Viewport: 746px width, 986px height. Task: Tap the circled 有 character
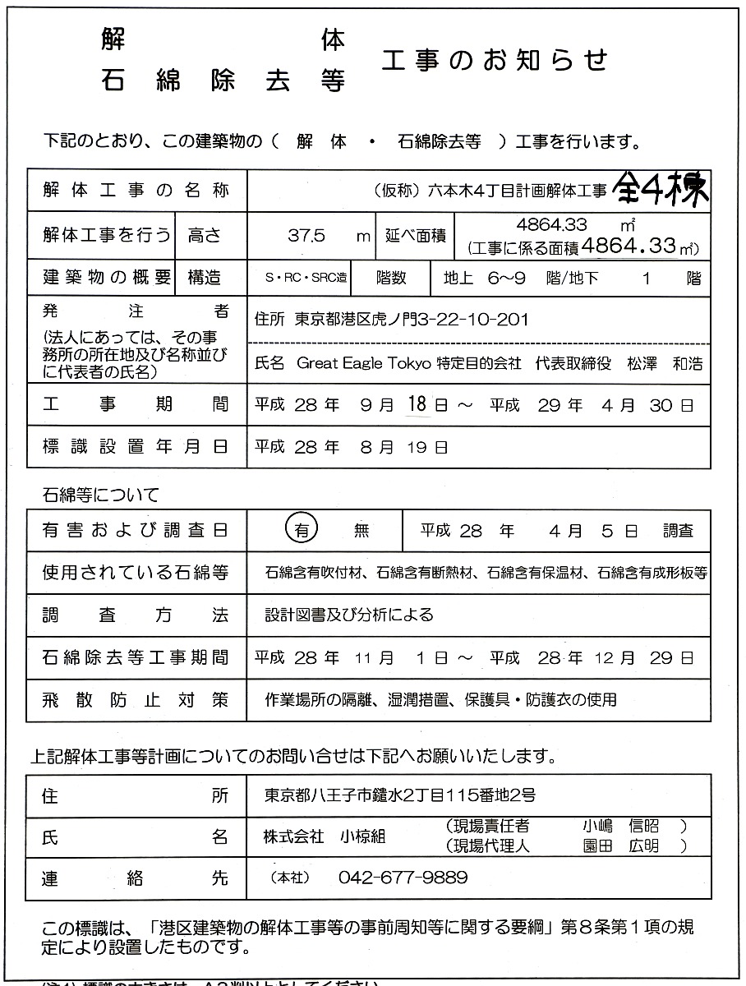(x=302, y=530)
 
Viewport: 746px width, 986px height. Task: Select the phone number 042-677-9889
(x=403, y=878)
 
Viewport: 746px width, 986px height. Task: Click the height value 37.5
(x=307, y=236)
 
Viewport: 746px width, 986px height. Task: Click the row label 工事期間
(x=136, y=405)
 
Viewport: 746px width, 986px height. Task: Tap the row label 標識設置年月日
(x=136, y=447)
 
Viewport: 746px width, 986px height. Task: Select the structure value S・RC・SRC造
(x=299, y=279)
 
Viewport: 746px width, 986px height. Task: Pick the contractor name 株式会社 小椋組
(x=324, y=836)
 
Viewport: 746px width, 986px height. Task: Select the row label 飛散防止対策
(x=136, y=700)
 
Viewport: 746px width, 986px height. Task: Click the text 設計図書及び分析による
(x=348, y=615)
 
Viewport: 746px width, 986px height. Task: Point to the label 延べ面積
(x=415, y=236)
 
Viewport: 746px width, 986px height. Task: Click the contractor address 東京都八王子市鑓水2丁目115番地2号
(x=400, y=795)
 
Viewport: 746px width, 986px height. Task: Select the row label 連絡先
(x=136, y=878)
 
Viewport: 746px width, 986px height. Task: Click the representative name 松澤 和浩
(x=663, y=363)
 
